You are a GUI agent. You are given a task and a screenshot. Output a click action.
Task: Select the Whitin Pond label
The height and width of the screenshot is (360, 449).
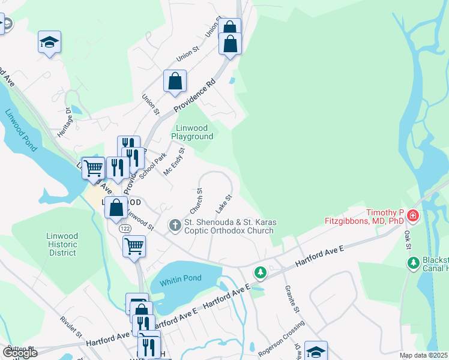[x=180, y=278]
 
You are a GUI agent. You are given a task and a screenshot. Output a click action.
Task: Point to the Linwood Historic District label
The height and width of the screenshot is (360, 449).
[x=62, y=244]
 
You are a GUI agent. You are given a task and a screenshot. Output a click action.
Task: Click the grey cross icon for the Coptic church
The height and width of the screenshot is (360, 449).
[x=175, y=226]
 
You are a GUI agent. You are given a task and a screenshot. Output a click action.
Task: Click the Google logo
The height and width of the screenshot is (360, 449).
[x=19, y=352]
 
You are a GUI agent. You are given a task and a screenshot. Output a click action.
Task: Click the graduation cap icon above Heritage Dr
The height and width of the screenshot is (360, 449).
[x=50, y=42]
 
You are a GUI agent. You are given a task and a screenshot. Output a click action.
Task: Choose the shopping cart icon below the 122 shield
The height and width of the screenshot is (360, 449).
[x=134, y=245]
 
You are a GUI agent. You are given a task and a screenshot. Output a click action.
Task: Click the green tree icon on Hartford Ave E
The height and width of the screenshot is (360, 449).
[x=260, y=273]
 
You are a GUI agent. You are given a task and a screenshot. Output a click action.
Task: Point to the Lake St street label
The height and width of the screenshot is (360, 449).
[x=224, y=203]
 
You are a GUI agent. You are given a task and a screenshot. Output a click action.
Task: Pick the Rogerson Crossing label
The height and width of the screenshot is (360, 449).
[x=281, y=340]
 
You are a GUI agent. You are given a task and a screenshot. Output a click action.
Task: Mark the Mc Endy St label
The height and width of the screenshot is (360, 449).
[x=174, y=161]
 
